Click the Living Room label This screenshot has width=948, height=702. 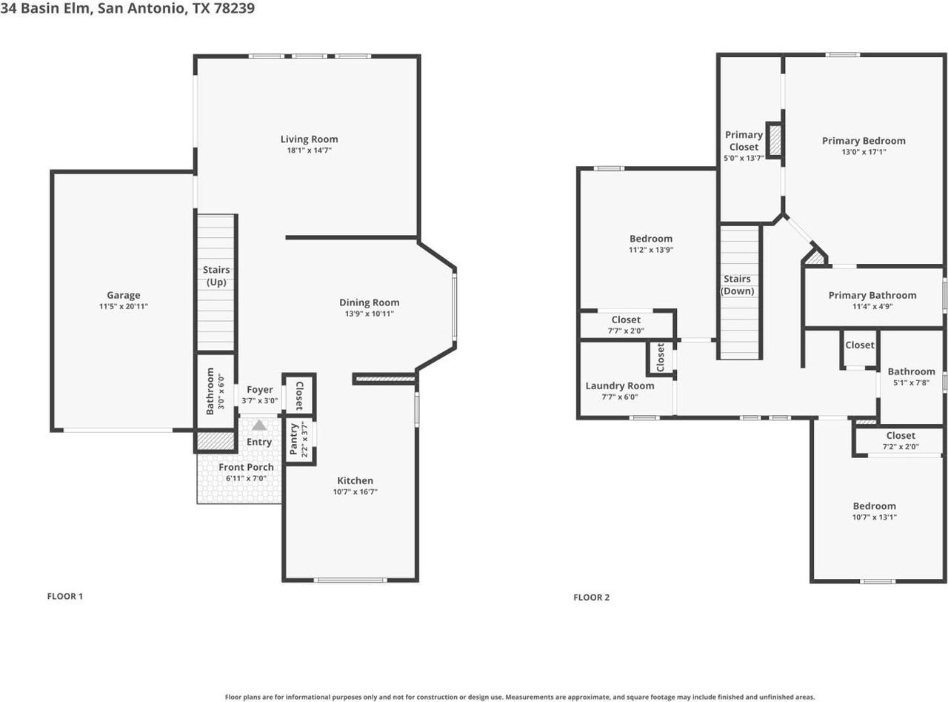tap(309, 139)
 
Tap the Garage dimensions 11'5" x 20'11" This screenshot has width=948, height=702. tap(123, 306)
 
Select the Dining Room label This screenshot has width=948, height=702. tap(369, 302)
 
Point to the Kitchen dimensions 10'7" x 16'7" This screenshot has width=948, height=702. tap(355, 492)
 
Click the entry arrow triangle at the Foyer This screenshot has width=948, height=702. tap(259, 425)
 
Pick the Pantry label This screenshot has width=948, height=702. tap(294, 439)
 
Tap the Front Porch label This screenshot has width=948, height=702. tap(246, 467)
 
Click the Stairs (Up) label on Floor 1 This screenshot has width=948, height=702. tap(216, 277)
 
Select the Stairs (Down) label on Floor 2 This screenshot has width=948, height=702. tap(737, 285)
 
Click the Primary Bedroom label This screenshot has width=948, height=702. tap(864, 141)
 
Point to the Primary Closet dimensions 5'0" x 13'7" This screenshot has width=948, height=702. tap(744, 158)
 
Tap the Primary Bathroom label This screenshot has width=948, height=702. tap(872, 295)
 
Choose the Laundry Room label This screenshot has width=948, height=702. tap(620, 385)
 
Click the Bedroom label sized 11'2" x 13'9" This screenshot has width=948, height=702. tap(651, 239)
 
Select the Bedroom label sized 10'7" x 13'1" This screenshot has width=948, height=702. tap(874, 506)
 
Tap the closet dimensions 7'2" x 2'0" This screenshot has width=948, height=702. tap(900, 447)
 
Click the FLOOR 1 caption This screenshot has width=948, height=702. tap(65, 596)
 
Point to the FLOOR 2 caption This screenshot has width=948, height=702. tap(591, 597)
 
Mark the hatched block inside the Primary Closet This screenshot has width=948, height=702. tap(775, 140)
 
